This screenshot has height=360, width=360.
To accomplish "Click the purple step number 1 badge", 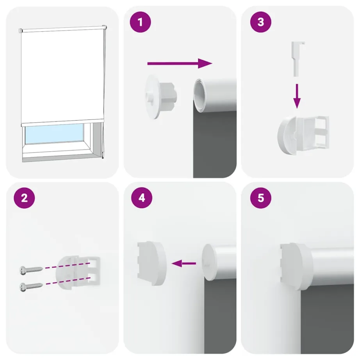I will pyautogui.click(x=141, y=23).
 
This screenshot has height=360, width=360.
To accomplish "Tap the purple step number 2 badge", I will pyautogui.click(x=24, y=198).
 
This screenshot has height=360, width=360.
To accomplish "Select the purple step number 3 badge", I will pyautogui.click(x=260, y=23).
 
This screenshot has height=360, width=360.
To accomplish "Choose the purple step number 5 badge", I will pyautogui.click(x=260, y=198).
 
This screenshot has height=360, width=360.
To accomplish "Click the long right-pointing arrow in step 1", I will pyautogui.click(x=179, y=63).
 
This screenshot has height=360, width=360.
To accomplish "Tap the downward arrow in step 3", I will pyautogui.click(x=297, y=96).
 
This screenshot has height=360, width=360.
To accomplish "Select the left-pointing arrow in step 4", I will pyautogui.click(x=184, y=264).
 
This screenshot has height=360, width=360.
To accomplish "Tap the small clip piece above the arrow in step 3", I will pyautogui.click(x=298, y=59).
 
